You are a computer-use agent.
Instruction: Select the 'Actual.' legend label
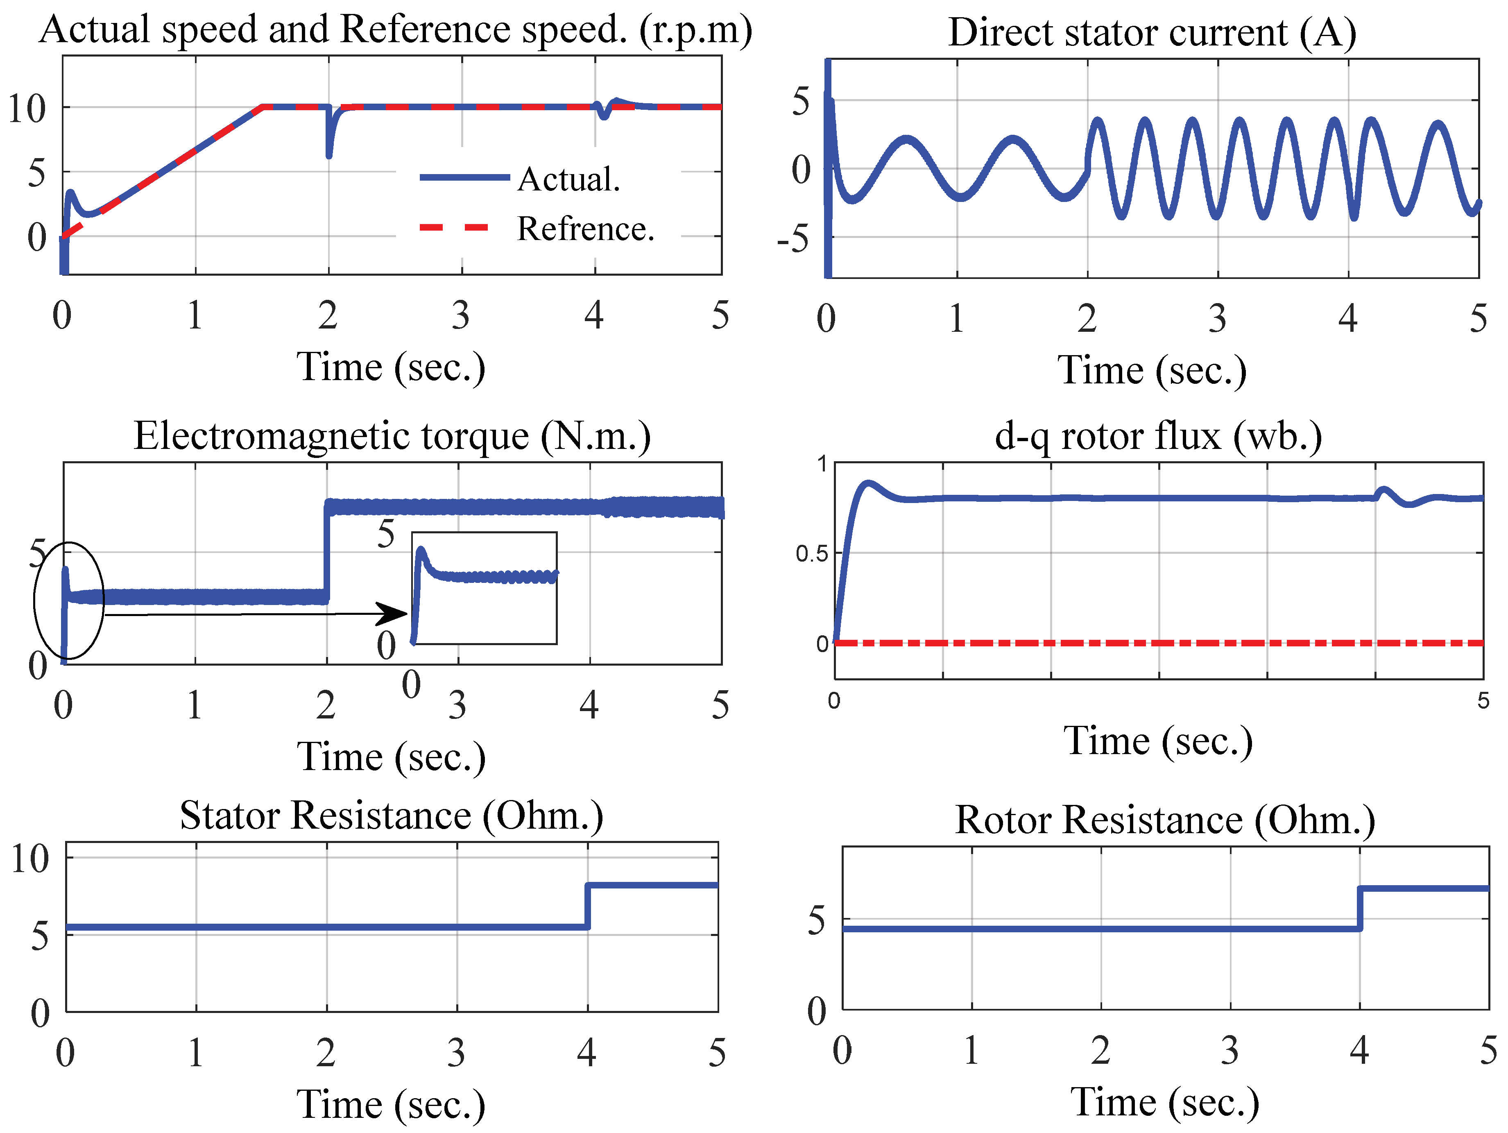[568, 179]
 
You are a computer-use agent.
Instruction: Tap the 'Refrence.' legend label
[585, 229]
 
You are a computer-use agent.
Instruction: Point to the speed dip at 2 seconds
[329, 147]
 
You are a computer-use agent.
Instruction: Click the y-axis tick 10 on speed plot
[27, 109]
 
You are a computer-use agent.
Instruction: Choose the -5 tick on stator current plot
[793, 240]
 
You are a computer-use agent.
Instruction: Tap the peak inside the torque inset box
[421, 549]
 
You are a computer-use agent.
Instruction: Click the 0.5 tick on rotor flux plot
[811, 553]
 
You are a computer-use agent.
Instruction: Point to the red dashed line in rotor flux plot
[1159, 643]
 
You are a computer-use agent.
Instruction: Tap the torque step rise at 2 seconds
[326, 552]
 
